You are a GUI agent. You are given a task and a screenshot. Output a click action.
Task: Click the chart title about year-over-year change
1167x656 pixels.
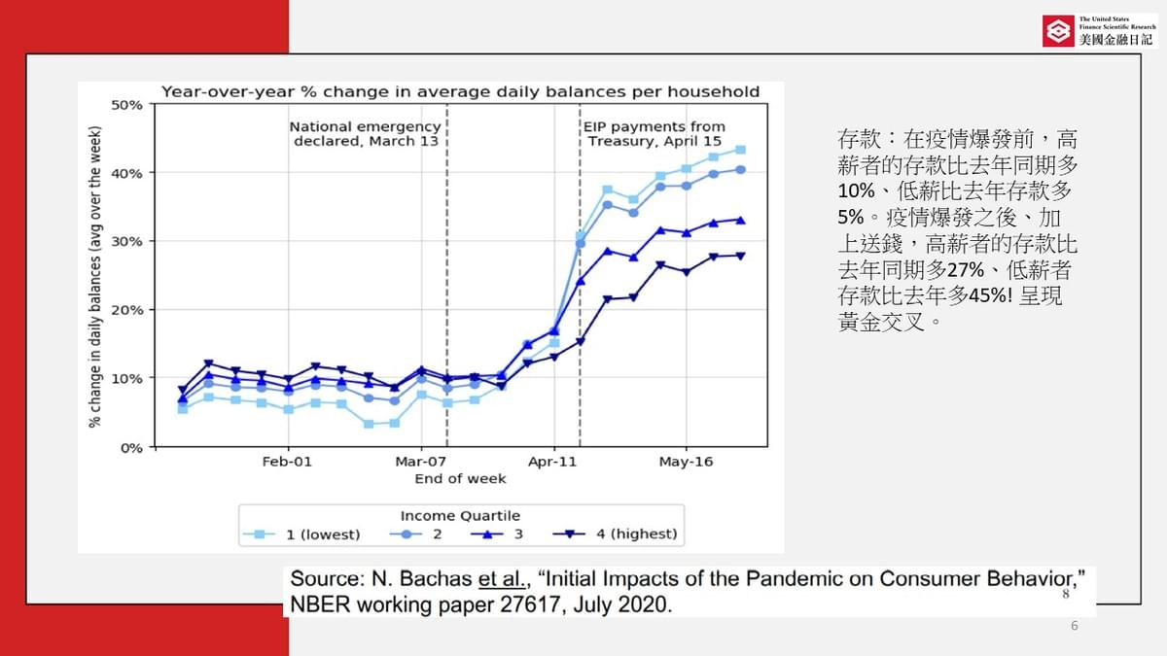460,91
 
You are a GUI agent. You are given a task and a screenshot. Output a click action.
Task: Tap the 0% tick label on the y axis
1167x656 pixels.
132,447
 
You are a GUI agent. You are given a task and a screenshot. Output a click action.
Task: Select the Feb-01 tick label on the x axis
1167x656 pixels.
287,462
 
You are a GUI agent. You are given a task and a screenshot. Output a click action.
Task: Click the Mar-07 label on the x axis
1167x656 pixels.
421,462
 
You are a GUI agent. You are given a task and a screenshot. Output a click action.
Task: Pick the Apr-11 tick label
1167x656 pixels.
553,462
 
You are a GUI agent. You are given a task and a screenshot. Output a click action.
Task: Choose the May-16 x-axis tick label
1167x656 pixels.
686,462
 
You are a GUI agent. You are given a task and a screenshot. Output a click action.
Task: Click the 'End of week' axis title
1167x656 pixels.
460,478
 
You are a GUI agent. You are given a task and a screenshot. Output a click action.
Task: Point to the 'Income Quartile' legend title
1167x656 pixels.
460,515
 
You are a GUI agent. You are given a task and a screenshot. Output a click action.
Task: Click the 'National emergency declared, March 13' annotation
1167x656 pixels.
365,134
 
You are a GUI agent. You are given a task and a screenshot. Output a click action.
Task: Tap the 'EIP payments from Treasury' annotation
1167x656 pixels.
654,134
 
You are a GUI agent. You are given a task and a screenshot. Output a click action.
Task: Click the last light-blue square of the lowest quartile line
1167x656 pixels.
740,150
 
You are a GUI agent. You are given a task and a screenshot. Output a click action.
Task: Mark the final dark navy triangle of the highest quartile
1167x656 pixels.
740,256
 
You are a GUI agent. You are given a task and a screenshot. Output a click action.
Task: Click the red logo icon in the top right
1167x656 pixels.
1057,31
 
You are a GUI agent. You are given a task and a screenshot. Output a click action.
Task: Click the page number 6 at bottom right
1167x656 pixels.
1074,626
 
